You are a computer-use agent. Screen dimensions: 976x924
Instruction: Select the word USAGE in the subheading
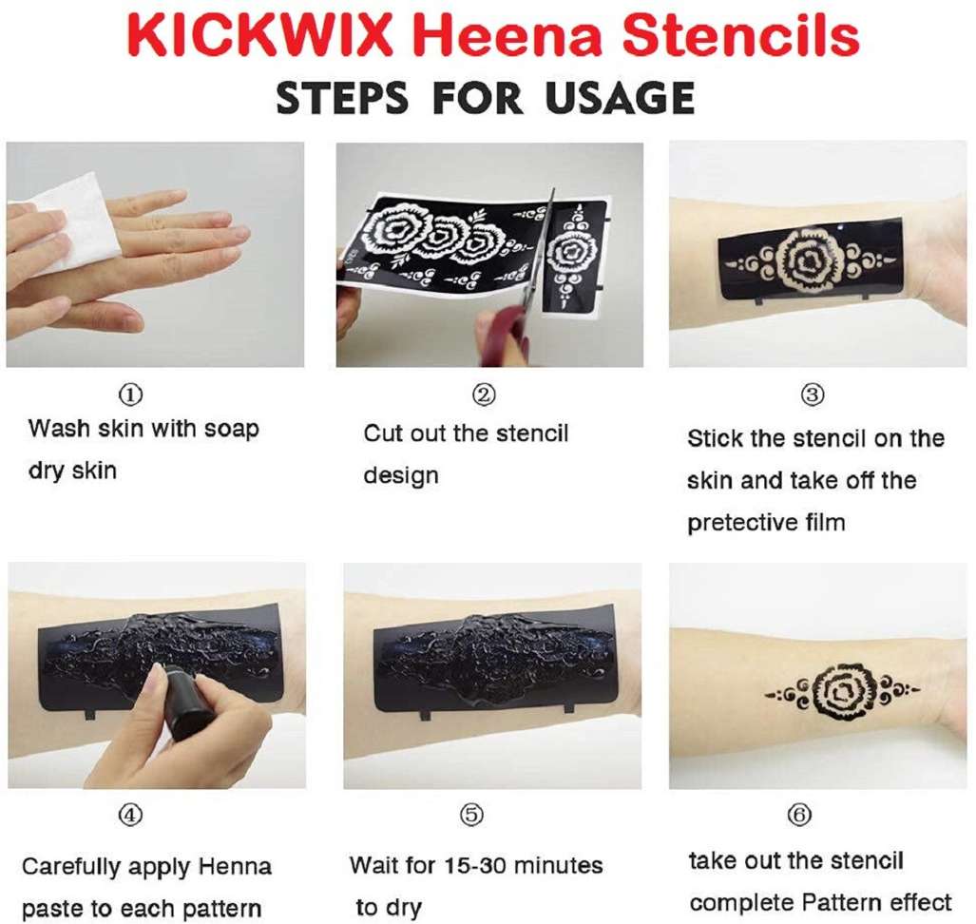(620, 98)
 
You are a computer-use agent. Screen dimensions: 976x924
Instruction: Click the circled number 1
(130, 395)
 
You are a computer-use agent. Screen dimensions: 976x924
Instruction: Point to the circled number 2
(485, 395)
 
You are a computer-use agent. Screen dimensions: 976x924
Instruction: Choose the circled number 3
(813, 395)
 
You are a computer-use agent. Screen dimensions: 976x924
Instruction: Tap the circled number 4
(130, 815)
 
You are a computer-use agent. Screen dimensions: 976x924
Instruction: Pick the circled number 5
(471, 815)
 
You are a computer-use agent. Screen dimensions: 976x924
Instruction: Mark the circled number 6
(800, 815)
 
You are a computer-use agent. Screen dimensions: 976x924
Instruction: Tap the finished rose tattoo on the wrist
(842, 691)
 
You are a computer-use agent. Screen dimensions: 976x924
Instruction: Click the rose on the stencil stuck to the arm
(811, 259)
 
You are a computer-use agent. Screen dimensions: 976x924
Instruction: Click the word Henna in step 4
(235, 867)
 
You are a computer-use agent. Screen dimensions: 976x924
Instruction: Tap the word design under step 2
(401, 476)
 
